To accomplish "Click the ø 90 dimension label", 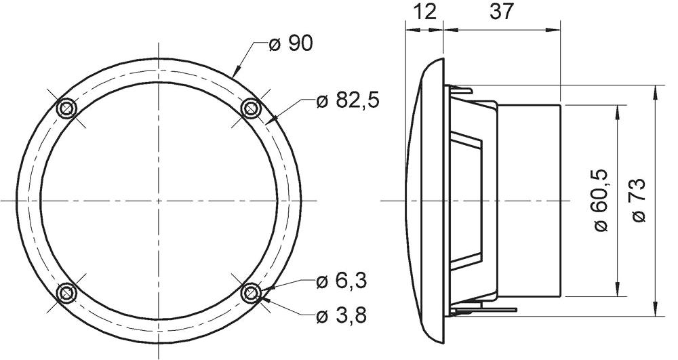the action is [291, 44].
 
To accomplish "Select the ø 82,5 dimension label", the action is [348, 101].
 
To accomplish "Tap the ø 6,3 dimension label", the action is [342, 281].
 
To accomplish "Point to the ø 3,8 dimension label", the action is [342, 316].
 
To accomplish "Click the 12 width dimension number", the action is [425, 12].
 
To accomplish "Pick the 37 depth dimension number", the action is [502, 12].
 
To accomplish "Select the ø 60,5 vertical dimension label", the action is [600, 201].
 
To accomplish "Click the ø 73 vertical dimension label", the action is [639, 201].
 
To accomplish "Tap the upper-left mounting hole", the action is [67, 108].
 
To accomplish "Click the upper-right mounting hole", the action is [251, 108].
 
